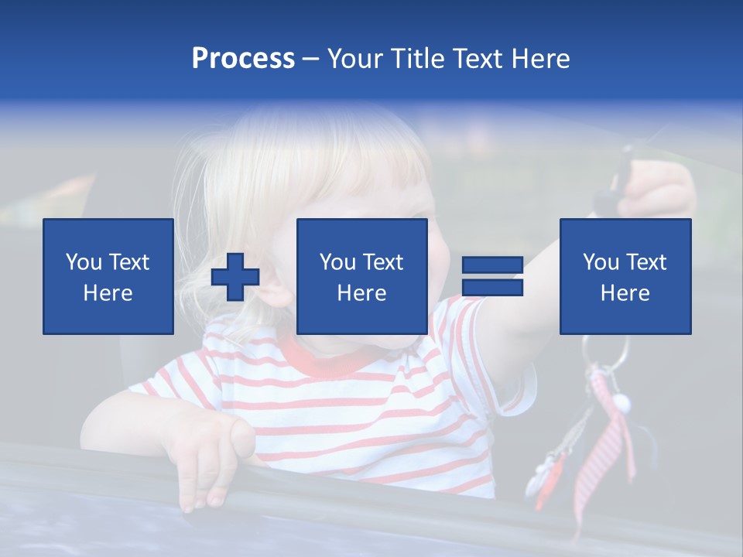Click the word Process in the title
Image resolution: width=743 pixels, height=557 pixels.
[243, 59]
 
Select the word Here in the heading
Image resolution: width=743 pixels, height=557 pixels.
[540, 59]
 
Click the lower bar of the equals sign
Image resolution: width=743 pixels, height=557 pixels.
[493, 288]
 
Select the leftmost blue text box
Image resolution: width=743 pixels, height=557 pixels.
[108, 276]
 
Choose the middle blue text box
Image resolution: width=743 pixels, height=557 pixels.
[361, 276]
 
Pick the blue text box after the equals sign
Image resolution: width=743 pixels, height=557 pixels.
[625, 276]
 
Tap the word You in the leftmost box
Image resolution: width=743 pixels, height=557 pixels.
[83, 262]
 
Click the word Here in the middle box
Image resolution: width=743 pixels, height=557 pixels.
[361, 293]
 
